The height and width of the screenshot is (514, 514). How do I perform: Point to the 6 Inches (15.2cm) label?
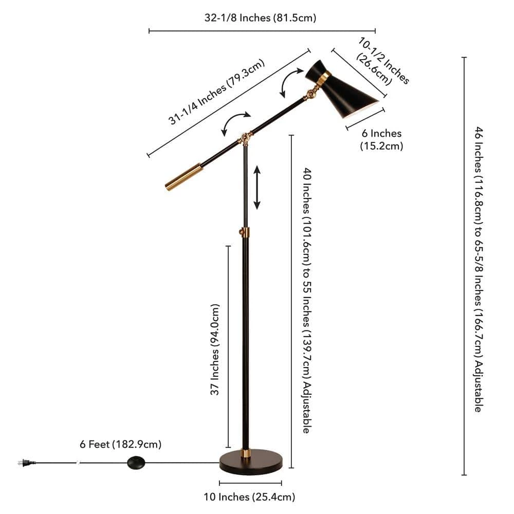(381, 139)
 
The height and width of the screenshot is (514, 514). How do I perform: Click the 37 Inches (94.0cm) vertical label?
(215, 350)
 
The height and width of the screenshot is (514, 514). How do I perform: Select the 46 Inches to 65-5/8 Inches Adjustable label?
(478, 269)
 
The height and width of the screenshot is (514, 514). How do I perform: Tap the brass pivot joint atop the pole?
(246, 138)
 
